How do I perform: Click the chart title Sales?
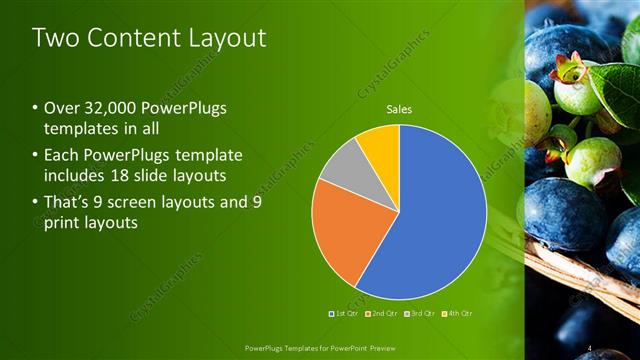(399, 110)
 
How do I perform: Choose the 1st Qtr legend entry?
(346, 314)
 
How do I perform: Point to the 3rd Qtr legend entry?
(420, 314)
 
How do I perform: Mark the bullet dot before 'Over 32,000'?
(36, 110)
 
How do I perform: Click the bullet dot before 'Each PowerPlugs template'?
(36, 155)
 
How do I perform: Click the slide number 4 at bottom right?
(591, 348)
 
